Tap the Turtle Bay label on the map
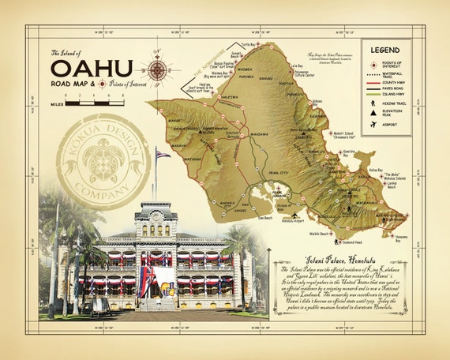click(250, 45)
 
